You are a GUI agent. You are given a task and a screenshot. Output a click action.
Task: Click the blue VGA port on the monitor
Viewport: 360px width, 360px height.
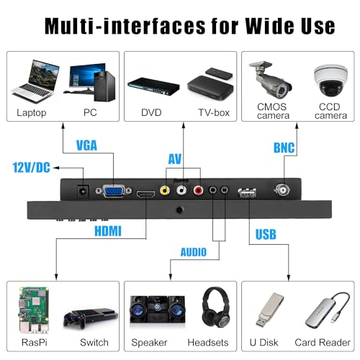coord(114,191)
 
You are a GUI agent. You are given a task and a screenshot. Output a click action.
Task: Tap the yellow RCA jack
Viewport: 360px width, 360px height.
coord(165,191)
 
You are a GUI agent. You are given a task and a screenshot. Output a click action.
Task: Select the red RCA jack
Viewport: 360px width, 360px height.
coord(198,191)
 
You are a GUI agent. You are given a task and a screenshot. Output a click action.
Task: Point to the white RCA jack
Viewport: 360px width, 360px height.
coord(181,191)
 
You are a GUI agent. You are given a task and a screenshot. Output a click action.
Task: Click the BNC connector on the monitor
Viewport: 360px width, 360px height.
coord(282,190)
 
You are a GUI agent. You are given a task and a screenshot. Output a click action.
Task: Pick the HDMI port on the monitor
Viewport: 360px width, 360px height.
coord(145,194)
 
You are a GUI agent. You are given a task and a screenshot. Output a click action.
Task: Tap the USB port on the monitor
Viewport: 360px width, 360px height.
coord(247,193)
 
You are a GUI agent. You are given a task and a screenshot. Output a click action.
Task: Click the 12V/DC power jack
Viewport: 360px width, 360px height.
coord(83,192)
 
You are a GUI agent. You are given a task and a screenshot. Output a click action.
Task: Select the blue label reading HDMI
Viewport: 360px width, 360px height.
coord(108,231)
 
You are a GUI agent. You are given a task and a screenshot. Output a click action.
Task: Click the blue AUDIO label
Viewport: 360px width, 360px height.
coord(194,252)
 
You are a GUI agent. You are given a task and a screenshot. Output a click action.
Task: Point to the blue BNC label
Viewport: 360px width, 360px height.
coord(284,148)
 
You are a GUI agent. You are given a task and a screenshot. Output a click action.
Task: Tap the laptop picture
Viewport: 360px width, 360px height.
coord(35,81)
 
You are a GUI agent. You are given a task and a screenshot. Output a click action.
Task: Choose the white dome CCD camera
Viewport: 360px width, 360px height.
coord(330,81)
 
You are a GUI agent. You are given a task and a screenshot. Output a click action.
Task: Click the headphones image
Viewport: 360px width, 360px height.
coord(216,307)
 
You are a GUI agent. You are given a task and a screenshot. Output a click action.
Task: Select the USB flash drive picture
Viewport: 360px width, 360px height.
coord(269,310)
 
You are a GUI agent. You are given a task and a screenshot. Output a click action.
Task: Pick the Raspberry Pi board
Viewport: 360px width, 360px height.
coord(34,310)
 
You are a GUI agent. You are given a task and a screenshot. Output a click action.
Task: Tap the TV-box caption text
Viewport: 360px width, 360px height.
coord(214,112)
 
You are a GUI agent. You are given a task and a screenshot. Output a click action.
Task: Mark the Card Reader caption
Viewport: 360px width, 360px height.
coord(323,343)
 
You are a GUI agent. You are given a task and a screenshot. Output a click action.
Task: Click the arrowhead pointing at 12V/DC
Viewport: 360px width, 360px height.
coord(55,168)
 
